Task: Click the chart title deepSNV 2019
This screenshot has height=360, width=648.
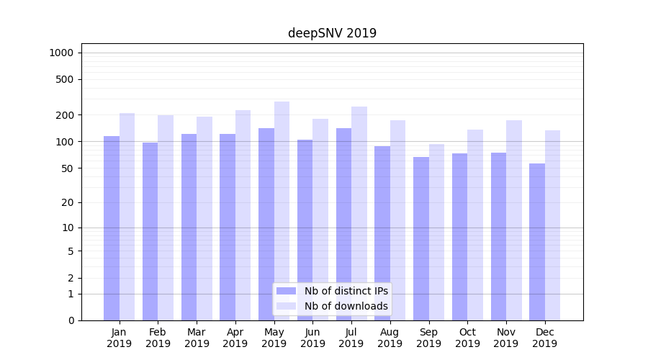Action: (x=332, y=33)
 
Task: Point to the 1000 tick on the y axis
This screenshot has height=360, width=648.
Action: (x=61, y=53)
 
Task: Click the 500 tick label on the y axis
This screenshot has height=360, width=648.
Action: (x=64, y=79)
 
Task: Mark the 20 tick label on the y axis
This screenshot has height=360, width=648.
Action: (x=67, y=202)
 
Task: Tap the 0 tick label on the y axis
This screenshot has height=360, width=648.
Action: (x=71, y=320)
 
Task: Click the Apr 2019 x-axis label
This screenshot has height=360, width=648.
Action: (x=235, y=338)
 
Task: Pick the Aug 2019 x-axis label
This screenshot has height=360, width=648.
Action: (x=390, y=338)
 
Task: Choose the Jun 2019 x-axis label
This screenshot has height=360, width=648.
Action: (x=312, y=338)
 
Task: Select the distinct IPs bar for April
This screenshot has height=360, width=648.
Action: (x=228, y=227)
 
